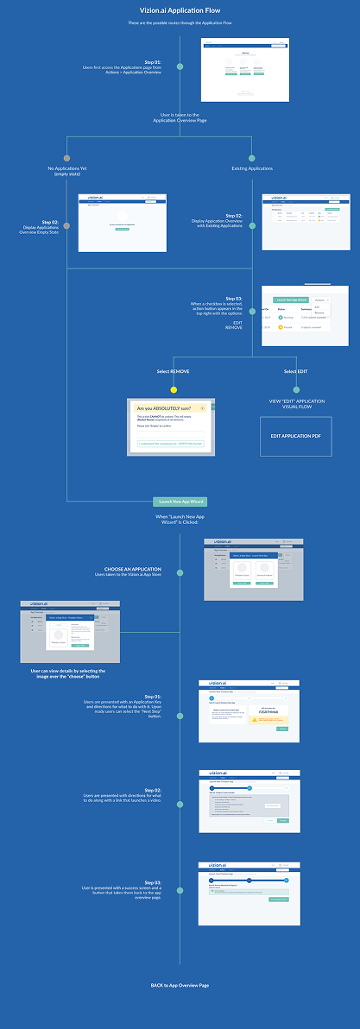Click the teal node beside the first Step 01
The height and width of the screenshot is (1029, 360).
coord(180,65)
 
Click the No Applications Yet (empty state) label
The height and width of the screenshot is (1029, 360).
coord(66,171)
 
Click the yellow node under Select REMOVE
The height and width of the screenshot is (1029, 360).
coord(174,388)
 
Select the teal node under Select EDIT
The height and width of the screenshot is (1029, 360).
coord(296,388)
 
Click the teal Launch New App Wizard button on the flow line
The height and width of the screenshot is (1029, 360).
coord(180,502)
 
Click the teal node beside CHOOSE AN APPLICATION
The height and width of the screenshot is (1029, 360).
coord(180,573)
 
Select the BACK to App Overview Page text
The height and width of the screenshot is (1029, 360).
coord(180,985)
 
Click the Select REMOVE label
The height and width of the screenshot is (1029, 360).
coord(174,371)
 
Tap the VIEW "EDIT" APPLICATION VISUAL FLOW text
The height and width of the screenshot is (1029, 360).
coord(296,406)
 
